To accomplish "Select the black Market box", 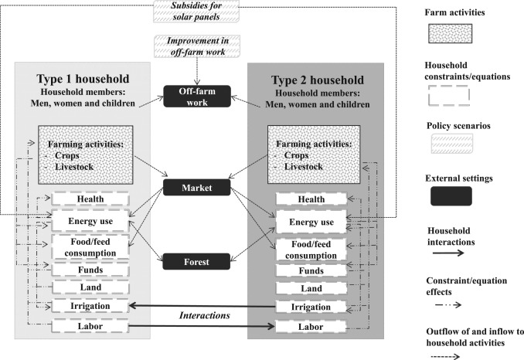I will (193, 186).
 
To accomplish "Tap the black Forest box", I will (193, 261).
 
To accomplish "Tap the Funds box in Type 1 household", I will (85, 270).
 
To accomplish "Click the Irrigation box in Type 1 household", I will (85, 307).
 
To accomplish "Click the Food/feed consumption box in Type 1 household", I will (85, 246).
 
